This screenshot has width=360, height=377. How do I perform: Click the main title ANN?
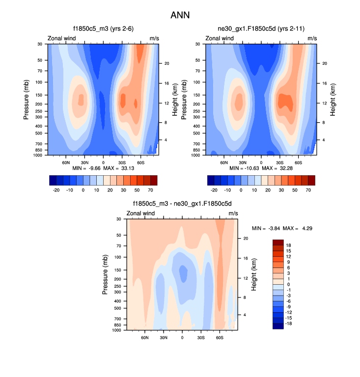(180, 15)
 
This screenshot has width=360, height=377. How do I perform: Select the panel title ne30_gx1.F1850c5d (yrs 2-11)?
(260, 29)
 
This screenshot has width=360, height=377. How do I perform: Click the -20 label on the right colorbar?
(214, 188)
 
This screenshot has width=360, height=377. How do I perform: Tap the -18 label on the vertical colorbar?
(289, 324)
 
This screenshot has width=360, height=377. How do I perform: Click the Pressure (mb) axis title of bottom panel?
(105, 275)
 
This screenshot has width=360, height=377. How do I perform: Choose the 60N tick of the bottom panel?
(145, 338)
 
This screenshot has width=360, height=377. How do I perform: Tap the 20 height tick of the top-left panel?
(166, 63)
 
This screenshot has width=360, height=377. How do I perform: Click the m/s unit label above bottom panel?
(233, 213)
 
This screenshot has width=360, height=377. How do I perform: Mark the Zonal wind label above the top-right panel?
(220, 38)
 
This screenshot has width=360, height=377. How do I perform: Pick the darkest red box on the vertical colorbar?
(278, 242)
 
